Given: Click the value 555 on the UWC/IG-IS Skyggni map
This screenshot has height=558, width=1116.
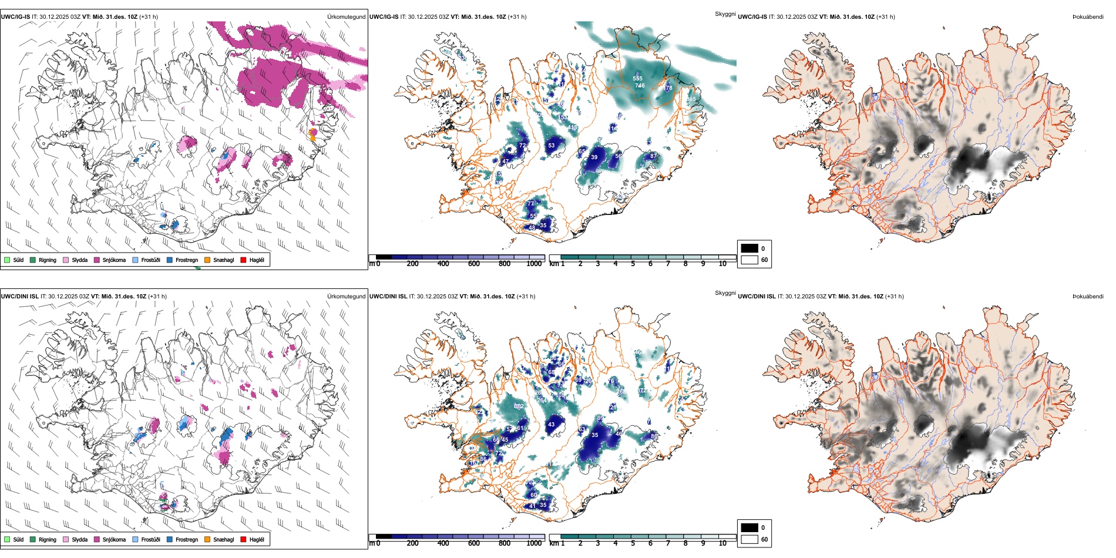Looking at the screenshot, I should point(637,78).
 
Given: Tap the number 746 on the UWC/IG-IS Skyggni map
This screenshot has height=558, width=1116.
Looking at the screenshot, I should point(640,86).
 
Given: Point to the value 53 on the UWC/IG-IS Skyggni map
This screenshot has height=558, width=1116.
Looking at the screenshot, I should point(551,146).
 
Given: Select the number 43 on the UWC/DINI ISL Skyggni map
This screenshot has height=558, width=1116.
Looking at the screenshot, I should point(551,424).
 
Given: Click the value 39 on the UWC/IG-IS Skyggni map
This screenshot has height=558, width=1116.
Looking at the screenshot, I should point(594,157).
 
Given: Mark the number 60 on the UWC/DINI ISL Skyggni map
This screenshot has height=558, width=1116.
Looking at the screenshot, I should point(533,495).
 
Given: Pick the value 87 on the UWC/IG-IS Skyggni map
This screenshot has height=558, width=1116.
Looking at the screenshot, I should point(653,156).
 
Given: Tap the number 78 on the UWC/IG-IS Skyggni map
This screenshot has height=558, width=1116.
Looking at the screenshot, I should point(668,88).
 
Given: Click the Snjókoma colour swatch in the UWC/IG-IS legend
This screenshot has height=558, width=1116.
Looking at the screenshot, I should point(97,260).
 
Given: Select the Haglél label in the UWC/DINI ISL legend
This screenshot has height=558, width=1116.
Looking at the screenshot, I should point(257,539).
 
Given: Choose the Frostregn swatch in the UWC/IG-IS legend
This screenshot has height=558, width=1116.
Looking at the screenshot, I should point(170,260).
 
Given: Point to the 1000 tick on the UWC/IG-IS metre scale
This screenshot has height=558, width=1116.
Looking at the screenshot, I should point(534,264).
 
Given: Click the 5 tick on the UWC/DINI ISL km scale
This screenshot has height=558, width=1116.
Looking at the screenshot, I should point(633,543).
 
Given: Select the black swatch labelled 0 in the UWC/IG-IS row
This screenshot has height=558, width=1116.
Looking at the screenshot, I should point(749,248).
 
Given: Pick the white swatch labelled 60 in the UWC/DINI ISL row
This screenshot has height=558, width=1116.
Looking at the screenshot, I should point(749,539).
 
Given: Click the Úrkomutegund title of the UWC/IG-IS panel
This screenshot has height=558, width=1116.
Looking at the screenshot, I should point(346,17).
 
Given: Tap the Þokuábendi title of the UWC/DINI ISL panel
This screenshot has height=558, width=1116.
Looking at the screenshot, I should point(1088,297).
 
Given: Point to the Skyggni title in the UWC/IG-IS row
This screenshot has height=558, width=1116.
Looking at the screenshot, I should point(725,14).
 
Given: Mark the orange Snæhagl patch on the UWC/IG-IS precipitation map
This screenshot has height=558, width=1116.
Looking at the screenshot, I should point(313,134).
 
